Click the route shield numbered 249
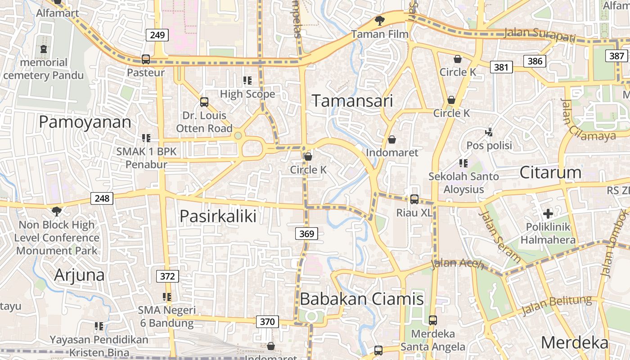coord(157,35)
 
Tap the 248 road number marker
coord(102,198)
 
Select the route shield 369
coord(306,234)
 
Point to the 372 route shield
coord(167,276)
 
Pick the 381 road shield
coord(501,67)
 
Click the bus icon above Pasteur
coord(146,59)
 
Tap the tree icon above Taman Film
coord(380,20)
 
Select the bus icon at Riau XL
coord(414,199)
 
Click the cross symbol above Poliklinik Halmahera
coord(548,213)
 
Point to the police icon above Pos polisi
coord(489,132)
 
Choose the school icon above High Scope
coord(247,81)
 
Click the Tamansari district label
coord(352,101)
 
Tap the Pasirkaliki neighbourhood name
coord(218,216)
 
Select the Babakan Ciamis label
coord(362,299)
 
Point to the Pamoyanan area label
coord(85,122)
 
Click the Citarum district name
coord(550,172)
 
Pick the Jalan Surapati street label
coord(540,34)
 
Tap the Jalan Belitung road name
coord(557,306)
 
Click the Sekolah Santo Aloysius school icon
coord(463,163)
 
